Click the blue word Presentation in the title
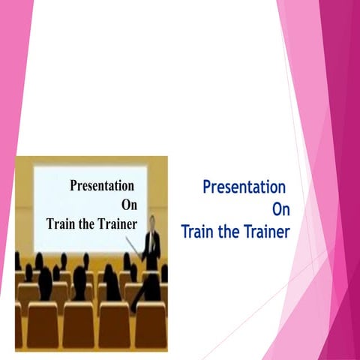[x=244, y=187]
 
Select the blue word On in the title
[x=280, y=209]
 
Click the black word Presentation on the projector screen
[x=102, y=186]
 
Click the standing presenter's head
[x=152, y=222]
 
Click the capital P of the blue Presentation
[x=207, y=187]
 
